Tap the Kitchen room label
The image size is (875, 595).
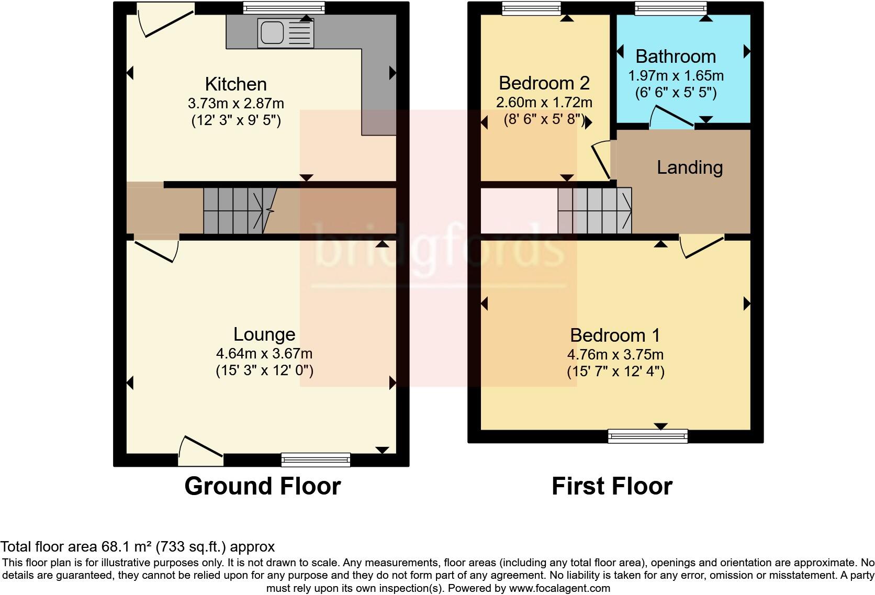point(235,84)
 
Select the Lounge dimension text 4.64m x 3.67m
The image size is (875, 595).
point(264,354)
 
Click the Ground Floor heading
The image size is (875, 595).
point(262,486)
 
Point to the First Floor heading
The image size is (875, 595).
point(612,486)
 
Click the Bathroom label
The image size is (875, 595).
point(676,56)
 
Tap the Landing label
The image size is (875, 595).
point(690,167)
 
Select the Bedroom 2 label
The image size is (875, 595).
point(544,83)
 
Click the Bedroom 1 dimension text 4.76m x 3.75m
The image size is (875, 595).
point(615,354)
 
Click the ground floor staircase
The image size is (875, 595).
point(241,210)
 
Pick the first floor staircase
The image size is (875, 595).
point(595,210)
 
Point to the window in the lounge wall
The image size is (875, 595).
point(316,460)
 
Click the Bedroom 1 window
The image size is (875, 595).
point(648,436)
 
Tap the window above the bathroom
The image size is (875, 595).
point(670,8)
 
